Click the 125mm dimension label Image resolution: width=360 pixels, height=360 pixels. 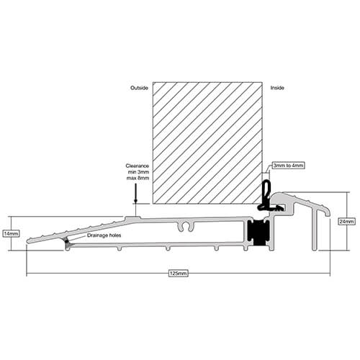(178, 274)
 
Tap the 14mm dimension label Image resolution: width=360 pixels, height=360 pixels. (11, 233)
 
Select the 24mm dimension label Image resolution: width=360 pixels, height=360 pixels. (346, 222)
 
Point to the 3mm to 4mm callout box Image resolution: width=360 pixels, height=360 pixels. (288, 166)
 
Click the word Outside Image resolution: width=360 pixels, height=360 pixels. (139, 88)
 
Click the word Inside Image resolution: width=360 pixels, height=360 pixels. (277, 88)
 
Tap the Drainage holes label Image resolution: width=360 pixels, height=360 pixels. (104, 235)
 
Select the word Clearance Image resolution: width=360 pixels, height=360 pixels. (138, 166)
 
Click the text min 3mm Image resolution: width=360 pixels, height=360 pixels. (138, 172)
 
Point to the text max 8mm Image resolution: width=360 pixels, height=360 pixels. (138, 178)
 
